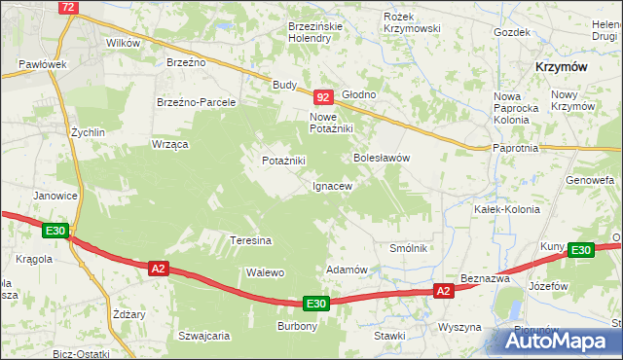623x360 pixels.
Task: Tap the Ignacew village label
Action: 331,185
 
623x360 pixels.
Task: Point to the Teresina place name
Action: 249,239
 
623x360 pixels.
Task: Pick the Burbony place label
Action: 298,326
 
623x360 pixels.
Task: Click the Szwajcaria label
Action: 203,336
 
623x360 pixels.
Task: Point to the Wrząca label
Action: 169,143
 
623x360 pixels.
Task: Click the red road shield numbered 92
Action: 324,97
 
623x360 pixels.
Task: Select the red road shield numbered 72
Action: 68,7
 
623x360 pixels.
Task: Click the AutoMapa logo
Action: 560,341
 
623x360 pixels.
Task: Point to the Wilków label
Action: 124,43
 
